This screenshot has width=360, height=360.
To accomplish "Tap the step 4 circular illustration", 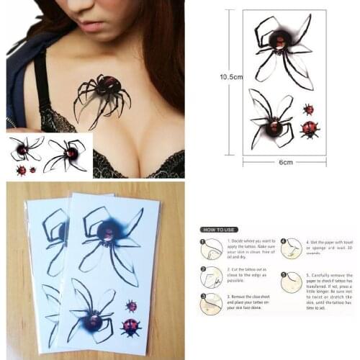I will [x=291, y=248].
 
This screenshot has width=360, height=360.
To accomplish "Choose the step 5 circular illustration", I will [x=291, y=282].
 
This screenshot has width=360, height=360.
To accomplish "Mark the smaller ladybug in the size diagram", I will [x=309, y=109].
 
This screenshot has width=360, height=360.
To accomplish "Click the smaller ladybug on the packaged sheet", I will [x=131, y=306].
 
